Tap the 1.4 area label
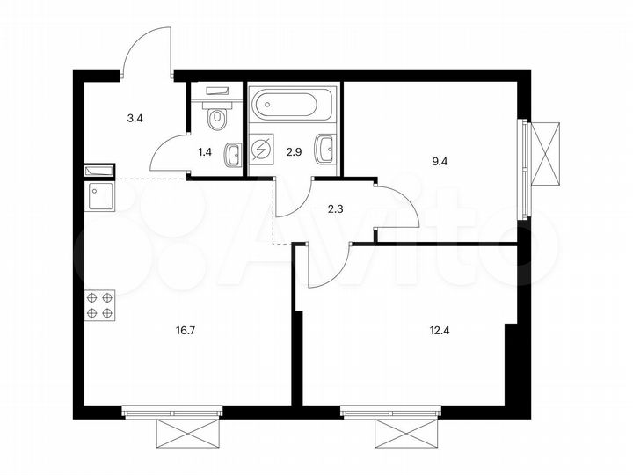pos(205,151)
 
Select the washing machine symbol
pos(262,150)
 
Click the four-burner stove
pos(98,304)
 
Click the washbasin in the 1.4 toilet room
pos(233,155)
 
